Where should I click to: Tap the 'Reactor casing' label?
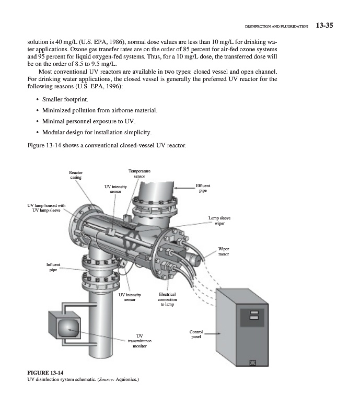pos(76,175)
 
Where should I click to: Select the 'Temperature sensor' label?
pos(139,173)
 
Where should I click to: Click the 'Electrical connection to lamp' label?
pos(167,299)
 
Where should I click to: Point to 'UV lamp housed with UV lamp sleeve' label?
pos(47,208)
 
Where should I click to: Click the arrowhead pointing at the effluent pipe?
pos(176,188)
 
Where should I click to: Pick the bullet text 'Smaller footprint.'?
pos(65,99)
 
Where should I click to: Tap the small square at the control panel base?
pos(253,362)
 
